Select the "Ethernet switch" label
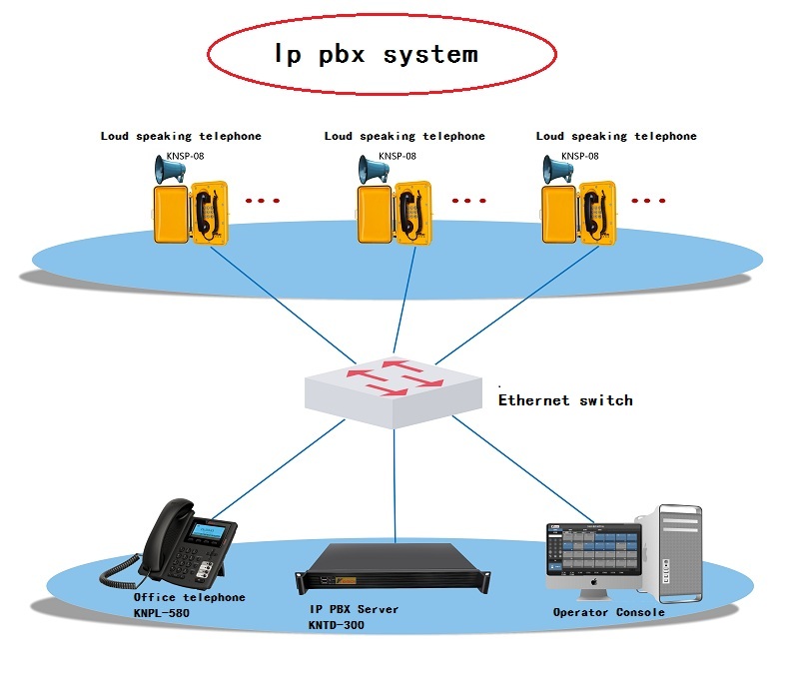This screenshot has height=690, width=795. coord(565,400)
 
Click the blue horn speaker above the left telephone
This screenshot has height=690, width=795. coord(169,171)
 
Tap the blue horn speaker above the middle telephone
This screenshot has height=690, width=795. coord(375,171)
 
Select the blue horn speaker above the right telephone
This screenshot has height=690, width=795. coord(557,171)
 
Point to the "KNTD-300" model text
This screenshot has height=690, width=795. coord(337,625)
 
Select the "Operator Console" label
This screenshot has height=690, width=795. coord(608,612)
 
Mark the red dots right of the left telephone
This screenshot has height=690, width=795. coord(263,201)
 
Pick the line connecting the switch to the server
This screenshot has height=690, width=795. coord(395,479)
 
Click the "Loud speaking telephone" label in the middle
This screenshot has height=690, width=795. coord(404,136)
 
